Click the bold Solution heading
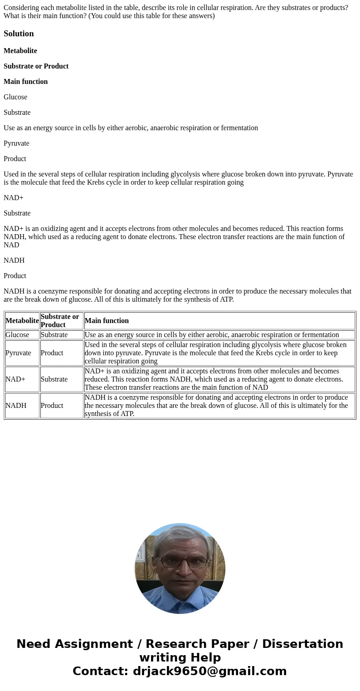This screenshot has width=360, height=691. coord(19,34)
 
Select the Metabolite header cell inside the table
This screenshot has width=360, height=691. coord(22,321)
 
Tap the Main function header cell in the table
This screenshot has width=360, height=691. coord(107,321)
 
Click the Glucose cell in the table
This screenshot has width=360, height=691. coord(17,335)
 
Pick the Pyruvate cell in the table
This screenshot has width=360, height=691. coord(18,353)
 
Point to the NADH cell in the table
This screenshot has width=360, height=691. coord(16,406)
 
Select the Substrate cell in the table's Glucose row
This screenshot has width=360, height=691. coord(54,335)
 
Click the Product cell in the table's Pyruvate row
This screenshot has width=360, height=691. coord(52,353)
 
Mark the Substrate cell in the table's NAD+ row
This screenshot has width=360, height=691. coord(54,379)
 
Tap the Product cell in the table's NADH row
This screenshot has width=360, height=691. coord(52,406)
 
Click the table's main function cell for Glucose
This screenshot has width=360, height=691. coord(212,335)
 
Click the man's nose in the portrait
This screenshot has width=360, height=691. coord(180,569)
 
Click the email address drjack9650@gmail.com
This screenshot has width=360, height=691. coord(209,671)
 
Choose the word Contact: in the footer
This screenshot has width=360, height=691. coord(100,671)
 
